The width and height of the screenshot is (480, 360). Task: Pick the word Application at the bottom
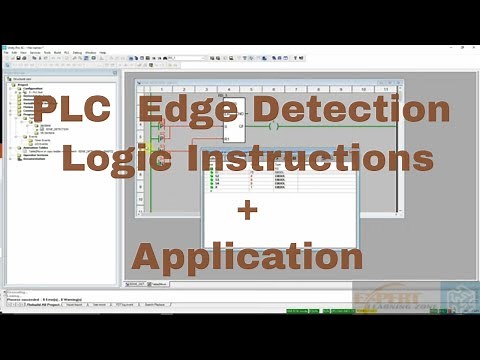pos(247,257)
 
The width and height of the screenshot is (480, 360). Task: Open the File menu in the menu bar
pos(6,52)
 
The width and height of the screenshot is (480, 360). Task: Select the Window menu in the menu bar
pos(89,52)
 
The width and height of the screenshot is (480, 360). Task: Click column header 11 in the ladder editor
pos(385,89)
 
